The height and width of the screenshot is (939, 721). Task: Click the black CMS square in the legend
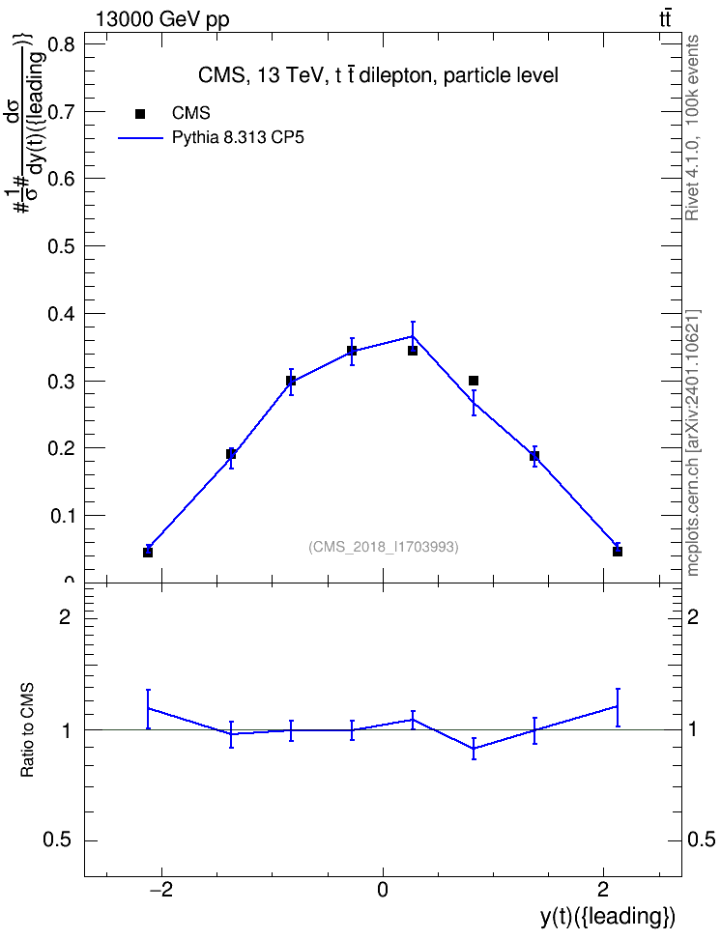(x=140, y=114)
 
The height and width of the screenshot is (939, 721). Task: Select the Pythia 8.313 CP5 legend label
(x=238, y=138)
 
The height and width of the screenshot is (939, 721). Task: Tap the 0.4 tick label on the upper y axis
(x=62, y=314)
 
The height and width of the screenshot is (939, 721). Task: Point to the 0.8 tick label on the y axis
(x=62, y=44)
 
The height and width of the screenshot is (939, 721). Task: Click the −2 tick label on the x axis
(x=160, y=890)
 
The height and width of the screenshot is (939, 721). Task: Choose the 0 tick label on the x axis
(x=383, y=890)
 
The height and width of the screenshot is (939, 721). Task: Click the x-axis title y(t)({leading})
(x=608, y=916)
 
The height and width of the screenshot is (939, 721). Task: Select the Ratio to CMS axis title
(x=27, y=729)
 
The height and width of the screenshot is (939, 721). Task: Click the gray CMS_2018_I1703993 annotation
(x=384, y=547)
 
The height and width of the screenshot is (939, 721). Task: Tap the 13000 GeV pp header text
(x=162, y=20)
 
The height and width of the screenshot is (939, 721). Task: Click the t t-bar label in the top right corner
(x=665, y=19)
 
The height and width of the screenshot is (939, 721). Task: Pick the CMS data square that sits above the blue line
(x=474, y=381)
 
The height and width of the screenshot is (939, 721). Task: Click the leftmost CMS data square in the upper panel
(x=148, y=553)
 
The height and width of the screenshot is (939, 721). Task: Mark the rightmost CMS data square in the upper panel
(x=618, y=552)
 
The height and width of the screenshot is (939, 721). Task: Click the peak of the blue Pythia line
(x=413, y=336)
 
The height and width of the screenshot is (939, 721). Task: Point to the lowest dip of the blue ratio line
(x=474, y=748)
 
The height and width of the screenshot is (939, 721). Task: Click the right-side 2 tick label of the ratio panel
(x=693, y=616)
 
